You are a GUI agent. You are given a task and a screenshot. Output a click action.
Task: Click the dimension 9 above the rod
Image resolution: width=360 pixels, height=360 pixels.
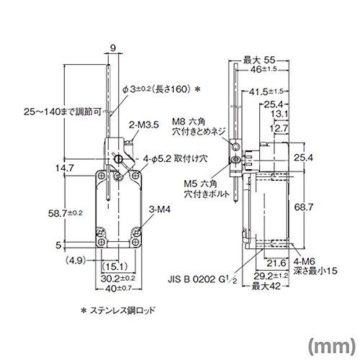[x=112, y=49]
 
